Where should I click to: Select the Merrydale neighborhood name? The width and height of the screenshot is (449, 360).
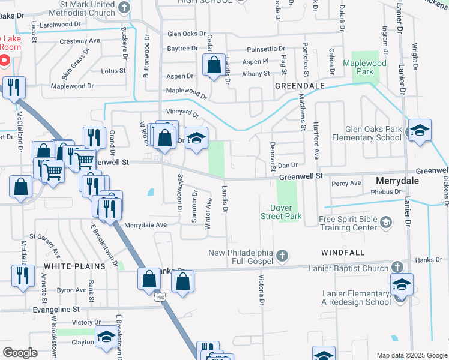tap(401, 180)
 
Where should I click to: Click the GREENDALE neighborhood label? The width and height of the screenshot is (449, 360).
tap(300, 86)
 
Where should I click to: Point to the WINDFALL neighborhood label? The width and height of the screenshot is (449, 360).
tap(343, 253)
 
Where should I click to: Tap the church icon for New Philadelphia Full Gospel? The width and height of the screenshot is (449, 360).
tap(282, 257)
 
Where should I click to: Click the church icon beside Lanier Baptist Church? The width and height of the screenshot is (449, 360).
tap(397, 266)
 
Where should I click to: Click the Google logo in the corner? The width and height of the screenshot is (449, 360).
tap(20, 353)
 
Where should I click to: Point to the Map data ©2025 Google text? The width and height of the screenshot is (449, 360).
tap(411, 355)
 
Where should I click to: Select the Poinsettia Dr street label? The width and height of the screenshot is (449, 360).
tap(268, 50)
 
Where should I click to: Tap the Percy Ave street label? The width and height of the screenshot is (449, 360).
tap(346, 183)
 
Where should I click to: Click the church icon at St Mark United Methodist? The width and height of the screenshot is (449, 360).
tap(124, 8)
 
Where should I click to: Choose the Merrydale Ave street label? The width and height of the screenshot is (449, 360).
tap(145, 224)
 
